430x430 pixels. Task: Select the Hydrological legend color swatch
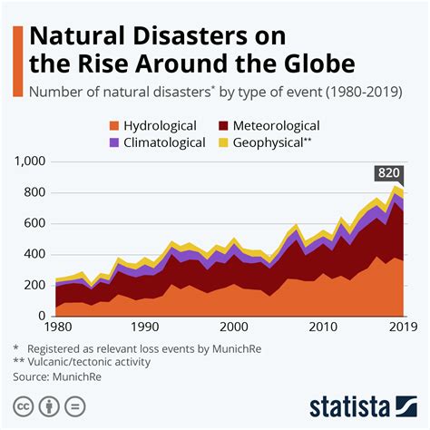(115, 126)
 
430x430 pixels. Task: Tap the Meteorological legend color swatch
(224, 126)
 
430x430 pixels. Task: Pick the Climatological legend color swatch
(115, 142)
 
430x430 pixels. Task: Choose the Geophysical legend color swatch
(224, 142)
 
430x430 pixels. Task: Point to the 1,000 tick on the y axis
(30, 161)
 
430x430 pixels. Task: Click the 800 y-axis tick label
(34, 193)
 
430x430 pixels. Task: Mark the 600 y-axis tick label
(34, 224)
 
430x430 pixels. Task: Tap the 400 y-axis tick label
(34, 255)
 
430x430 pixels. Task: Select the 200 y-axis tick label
(34, 286)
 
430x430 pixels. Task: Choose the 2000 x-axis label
(234, 327)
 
